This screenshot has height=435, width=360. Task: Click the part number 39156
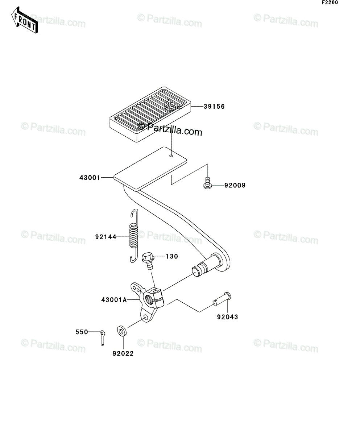pyautogui.click(x=214, y=107)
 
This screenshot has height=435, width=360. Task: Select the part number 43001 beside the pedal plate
pyautogui.click(x=90, y=178)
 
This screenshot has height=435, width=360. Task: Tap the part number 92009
pyautogui.click(x=235, y=186)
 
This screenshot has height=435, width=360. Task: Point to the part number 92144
pyautogui.click(x=106, y=237)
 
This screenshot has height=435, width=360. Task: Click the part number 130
pyautogui.click(x=172, y=257)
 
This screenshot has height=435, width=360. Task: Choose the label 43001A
pyautogui.click(x=114, y=300)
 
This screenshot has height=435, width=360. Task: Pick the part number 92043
pyautogui.click(x=227, y=317)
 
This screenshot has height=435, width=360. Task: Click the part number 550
pyautogui.click(x=82, y=332)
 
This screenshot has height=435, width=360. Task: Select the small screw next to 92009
pyautogui.click(x=207, y=183)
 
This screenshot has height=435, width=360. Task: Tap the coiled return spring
pyautogui.click(x=134, y=236)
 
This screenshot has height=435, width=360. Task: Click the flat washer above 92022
pyautogui.click(x=122, y=331)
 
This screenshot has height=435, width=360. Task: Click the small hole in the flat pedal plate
pyautogui.click(x=171, y=156)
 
